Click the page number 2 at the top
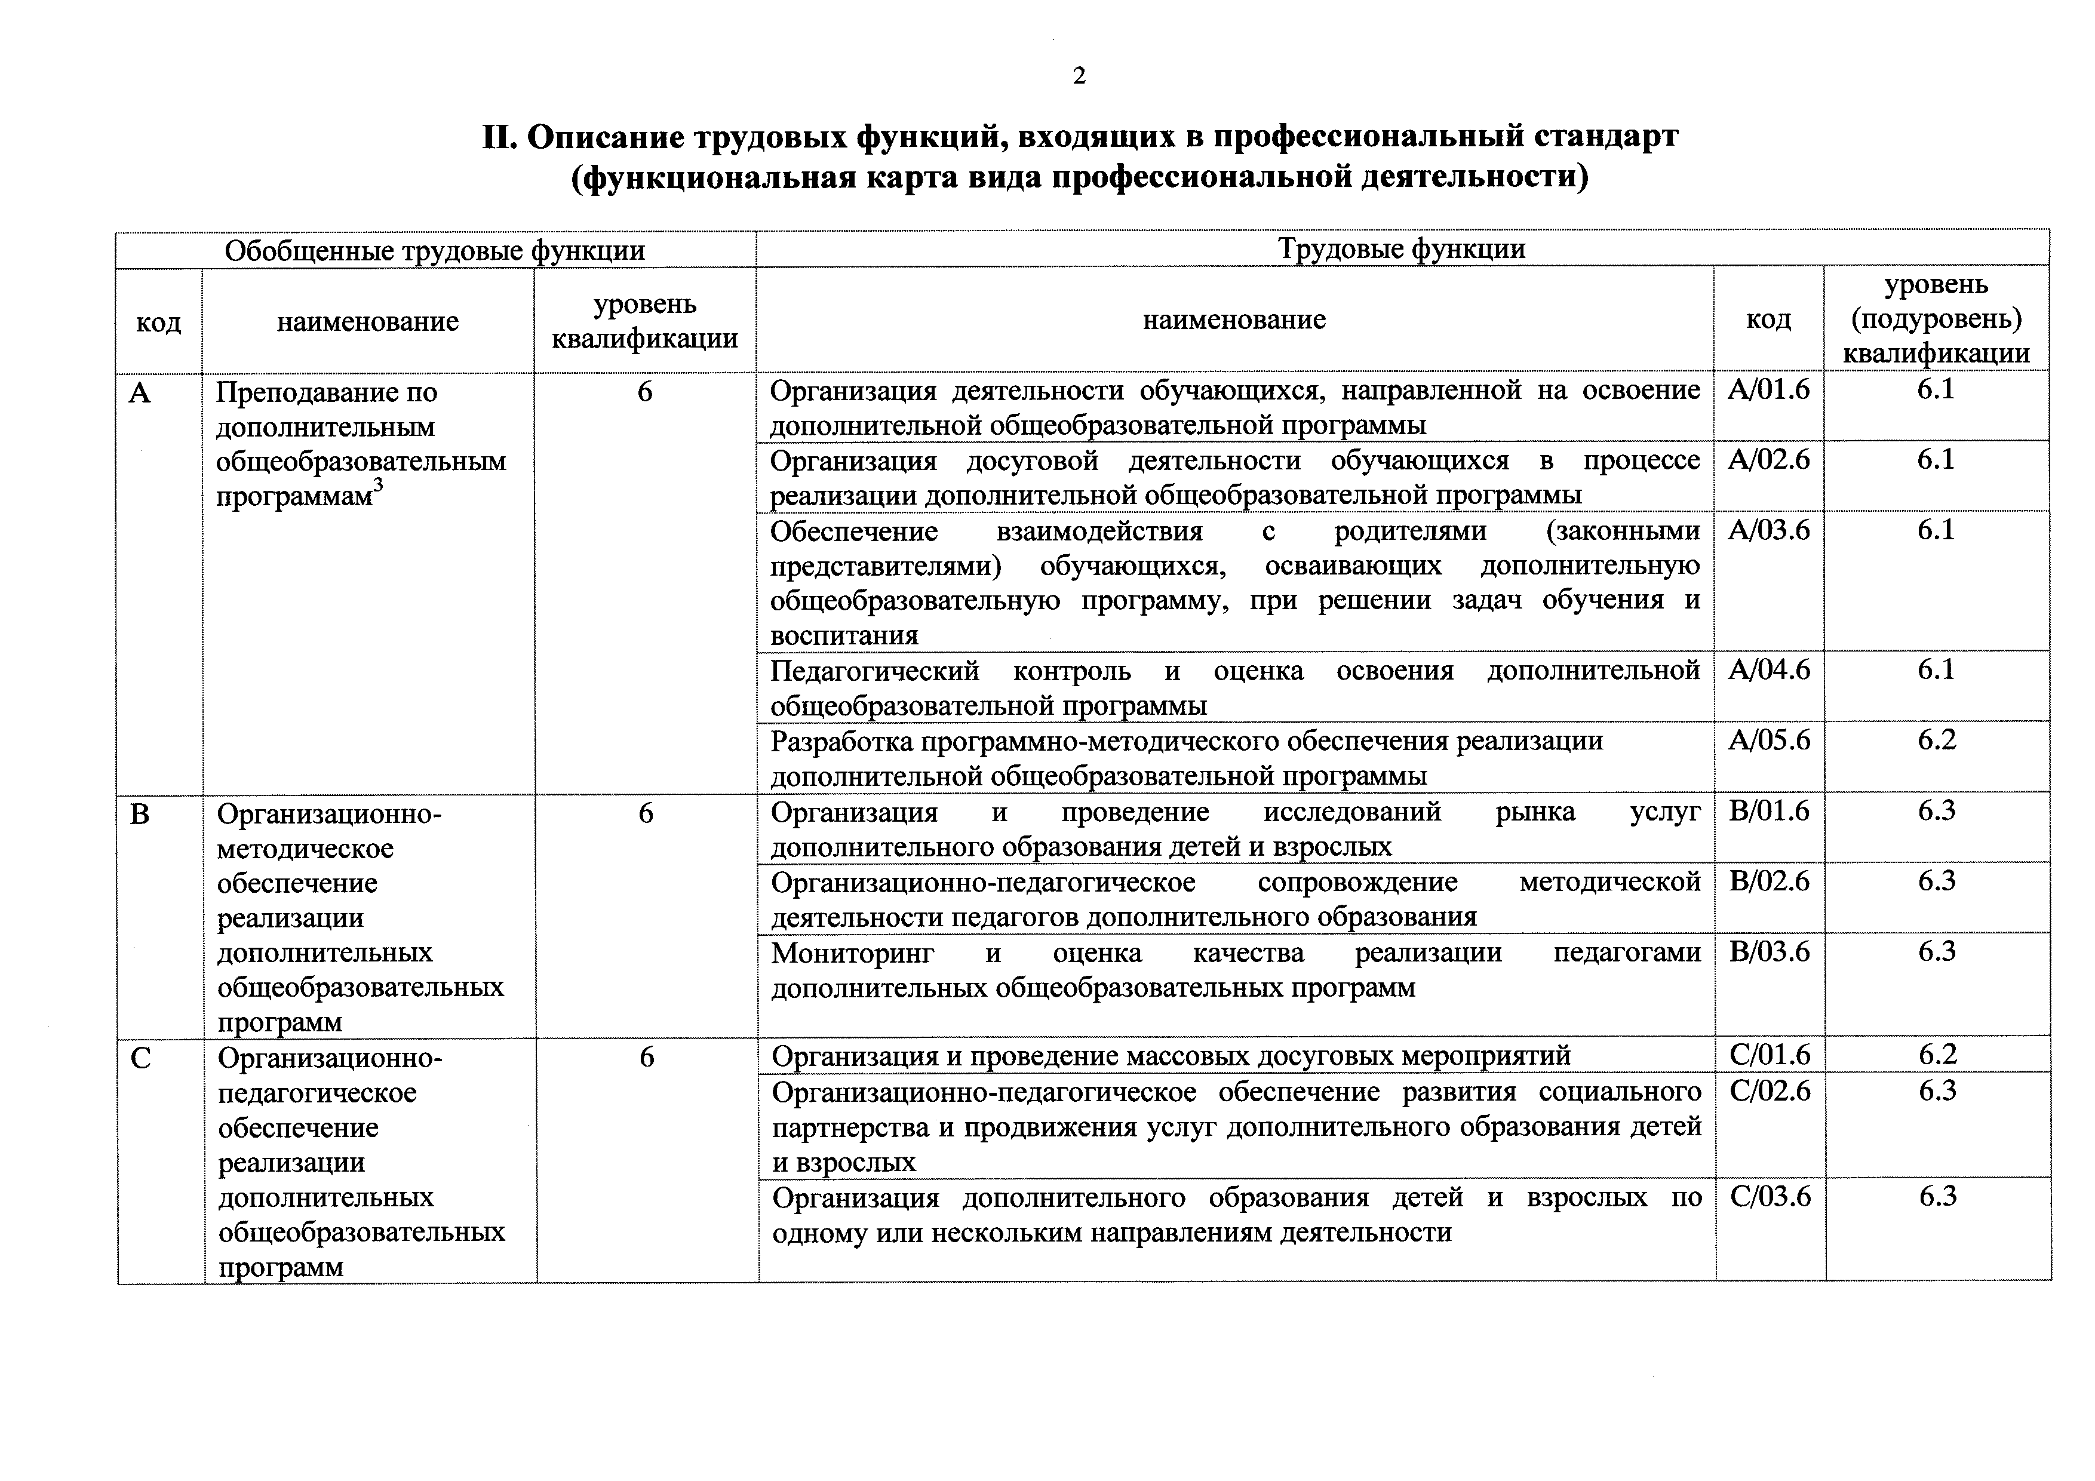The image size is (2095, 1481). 1079,76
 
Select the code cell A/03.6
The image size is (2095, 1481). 1768,530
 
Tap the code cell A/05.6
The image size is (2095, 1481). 1768,740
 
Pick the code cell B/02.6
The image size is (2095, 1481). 1768,881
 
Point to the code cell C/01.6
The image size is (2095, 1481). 1770,1056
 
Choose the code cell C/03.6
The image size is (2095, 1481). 1770,1196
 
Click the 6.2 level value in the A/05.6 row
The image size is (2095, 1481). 1936,740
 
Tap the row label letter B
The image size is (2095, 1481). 140,813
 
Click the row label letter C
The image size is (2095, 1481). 140,1059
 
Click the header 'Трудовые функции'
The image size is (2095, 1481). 1402,249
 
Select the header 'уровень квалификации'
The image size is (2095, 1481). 645,321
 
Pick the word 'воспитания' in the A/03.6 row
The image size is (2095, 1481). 844,635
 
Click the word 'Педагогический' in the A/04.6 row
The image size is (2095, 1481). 874,672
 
